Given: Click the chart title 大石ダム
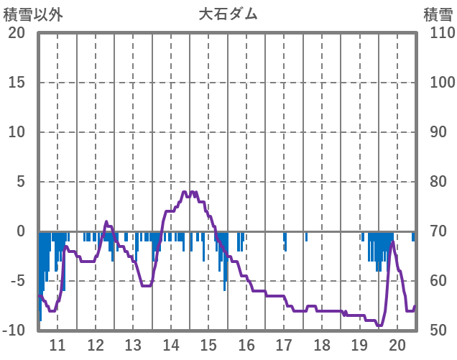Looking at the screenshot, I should point(228,14).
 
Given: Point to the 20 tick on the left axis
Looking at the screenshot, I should point(17,33).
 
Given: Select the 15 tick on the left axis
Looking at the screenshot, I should point(17,83).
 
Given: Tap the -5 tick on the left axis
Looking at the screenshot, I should point(17,281).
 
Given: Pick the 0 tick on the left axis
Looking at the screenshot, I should point(21,231).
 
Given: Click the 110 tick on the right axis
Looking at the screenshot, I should point(438,33).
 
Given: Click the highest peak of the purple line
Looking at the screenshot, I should point(185,192).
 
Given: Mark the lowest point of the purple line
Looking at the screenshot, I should point(379,326).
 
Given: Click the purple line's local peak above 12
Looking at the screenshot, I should point(106,222).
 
